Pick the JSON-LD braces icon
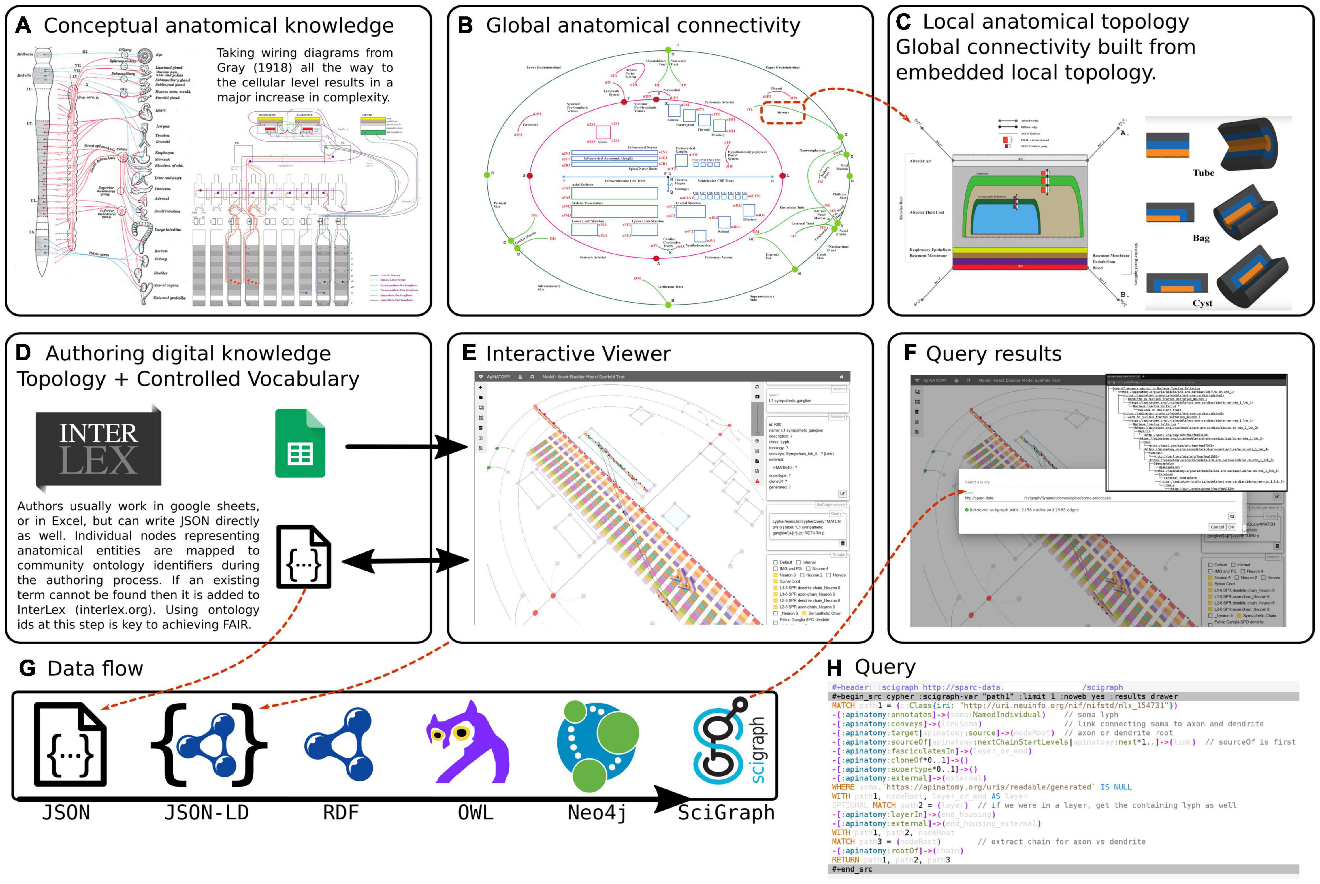click(x=209, y=744)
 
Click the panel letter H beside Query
click(x=834, y=668)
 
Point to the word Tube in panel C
click(x=1203, y=173)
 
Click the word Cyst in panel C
click(x=1202, y=303)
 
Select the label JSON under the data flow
click(x=66, y=813)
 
